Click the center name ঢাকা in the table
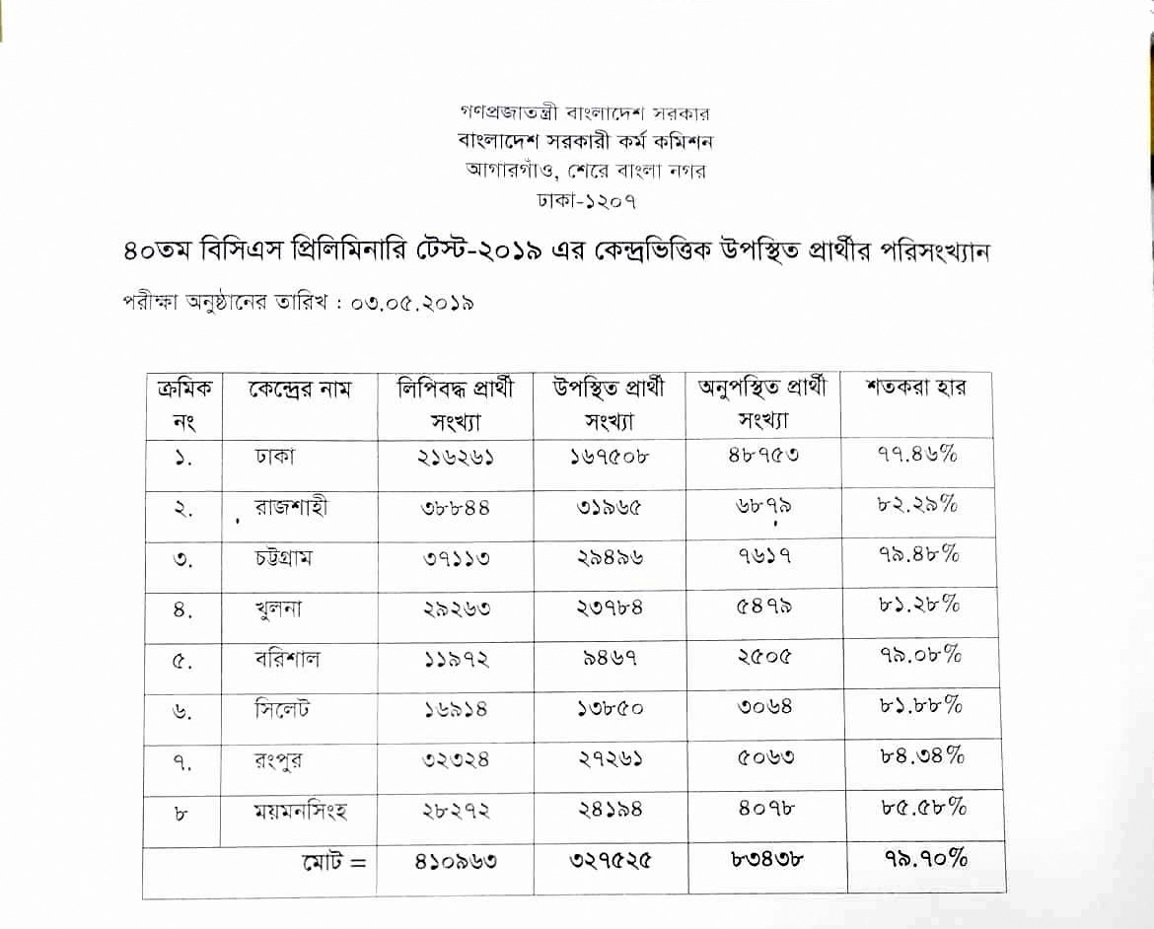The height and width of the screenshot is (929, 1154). click(274, 457)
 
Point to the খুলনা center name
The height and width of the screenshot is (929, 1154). click(278, 608)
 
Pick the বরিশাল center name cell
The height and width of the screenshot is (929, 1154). click(287, 659)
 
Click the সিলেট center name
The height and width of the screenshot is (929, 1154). click(281, 709)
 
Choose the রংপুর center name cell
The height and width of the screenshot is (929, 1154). click(278, 761)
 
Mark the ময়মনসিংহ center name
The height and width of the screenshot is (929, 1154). click(300, 813)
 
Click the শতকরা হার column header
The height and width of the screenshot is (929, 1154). click(915, 387)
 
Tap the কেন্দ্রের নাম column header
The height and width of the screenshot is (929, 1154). click(299, 388)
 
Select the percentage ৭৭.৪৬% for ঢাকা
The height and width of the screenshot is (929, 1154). click(917, 455)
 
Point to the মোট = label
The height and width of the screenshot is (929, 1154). click(332, 861)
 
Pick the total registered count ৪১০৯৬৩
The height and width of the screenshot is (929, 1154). click(456, 861)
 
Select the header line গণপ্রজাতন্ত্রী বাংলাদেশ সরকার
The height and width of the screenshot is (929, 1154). click(585, 113)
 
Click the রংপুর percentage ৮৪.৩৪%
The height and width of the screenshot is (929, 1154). click(921, 756)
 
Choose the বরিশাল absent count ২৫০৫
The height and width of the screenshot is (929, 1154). click(763, 657)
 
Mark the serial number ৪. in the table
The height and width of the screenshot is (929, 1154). click(181, 610)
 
